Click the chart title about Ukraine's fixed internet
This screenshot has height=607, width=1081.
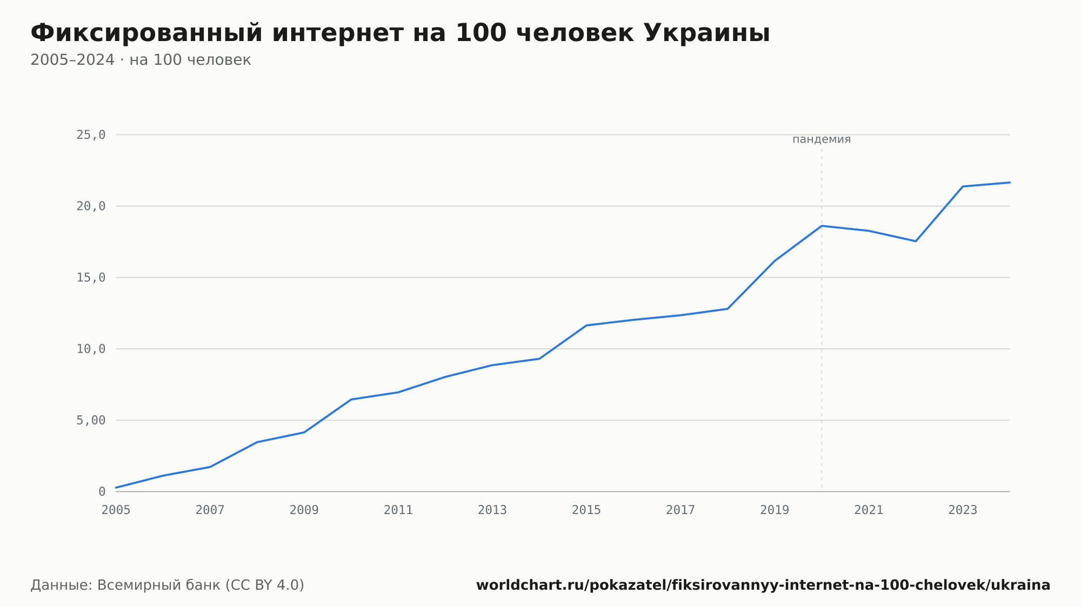click(400, 33)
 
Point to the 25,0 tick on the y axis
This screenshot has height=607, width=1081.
click(91, 135)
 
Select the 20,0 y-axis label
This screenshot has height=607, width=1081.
click(91, 206)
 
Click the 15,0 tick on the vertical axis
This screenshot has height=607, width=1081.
click(91, 278)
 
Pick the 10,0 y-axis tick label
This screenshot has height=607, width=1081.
click(91, 349)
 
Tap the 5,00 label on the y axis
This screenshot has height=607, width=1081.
click(91, 420)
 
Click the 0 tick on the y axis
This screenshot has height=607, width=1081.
click(102, 491)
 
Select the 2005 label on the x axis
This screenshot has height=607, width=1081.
click(116, 510)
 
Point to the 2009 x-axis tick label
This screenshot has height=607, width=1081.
click(304, 510)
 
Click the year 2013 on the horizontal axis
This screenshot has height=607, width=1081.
click(492, 510)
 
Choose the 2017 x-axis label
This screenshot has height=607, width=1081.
click(680, 510)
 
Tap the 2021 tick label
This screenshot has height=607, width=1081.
click(869, 510)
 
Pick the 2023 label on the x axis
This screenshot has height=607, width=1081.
click(963, 510)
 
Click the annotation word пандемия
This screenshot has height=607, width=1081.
click(822, 139)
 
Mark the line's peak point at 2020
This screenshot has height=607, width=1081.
click(822, 226)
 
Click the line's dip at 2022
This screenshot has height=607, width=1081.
click(916, 241)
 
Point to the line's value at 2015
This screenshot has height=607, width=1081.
click(586, 325)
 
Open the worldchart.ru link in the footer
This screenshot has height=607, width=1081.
click(763, 585)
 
